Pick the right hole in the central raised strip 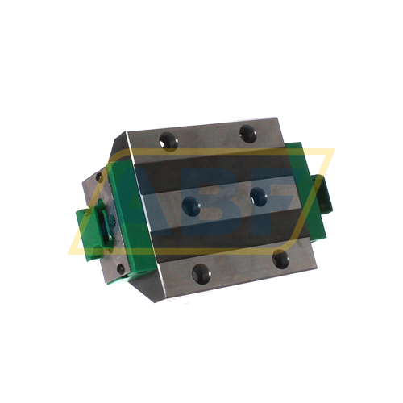[x=258, y=193]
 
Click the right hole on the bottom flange [x=280, y=260]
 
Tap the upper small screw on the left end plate [x=101, y=178]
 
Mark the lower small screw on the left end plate [x=121, y=268]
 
